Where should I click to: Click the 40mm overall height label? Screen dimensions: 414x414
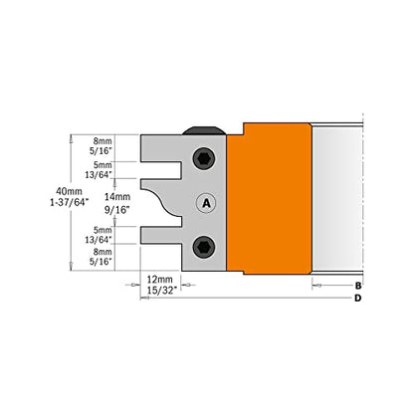69,191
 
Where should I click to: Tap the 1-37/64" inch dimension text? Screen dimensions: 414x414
70,202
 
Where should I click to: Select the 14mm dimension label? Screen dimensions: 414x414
117,197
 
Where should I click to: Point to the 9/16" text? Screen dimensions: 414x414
117,210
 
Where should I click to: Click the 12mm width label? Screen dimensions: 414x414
160,280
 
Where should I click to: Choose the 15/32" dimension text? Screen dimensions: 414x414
160,291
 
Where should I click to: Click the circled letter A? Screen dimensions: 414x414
206,203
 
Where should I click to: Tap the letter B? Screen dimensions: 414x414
358,286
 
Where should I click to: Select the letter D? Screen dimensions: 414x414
357,298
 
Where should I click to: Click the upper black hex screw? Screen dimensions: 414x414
204,159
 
